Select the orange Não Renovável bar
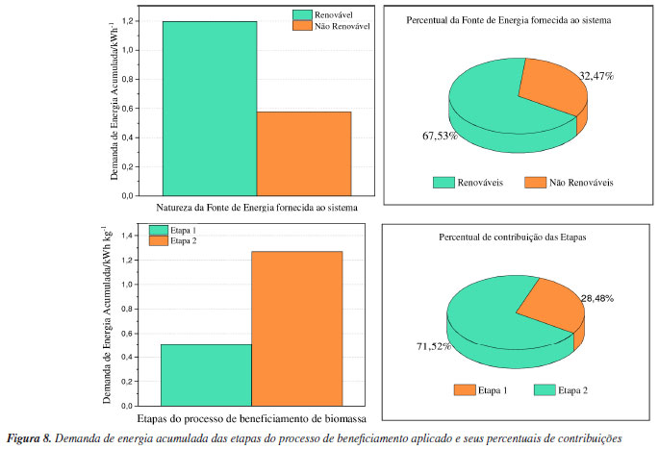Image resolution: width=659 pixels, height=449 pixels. pos(304,153)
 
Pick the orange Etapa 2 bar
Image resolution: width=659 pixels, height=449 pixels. pos(296,328)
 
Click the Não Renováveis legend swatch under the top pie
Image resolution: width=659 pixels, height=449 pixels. pos(536,181)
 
